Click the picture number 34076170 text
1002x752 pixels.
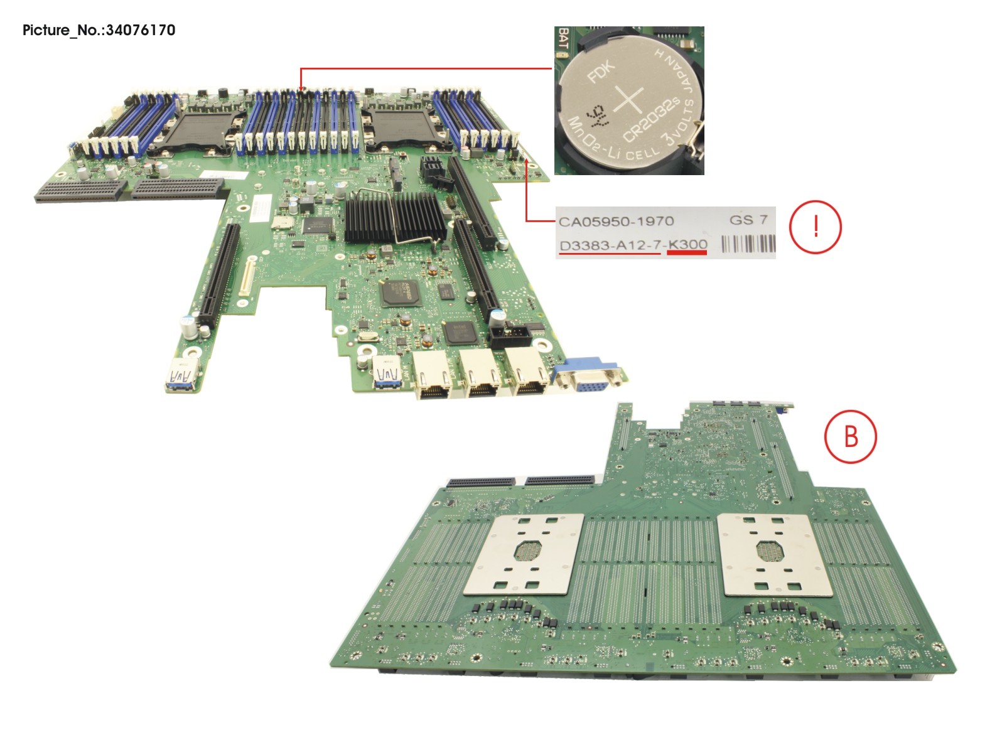99,30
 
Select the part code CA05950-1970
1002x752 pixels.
616,221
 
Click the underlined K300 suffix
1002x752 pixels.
687,244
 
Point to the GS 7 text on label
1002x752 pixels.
748,220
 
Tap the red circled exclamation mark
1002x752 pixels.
815,227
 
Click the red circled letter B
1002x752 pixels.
850,436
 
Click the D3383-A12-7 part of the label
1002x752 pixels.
609,245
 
